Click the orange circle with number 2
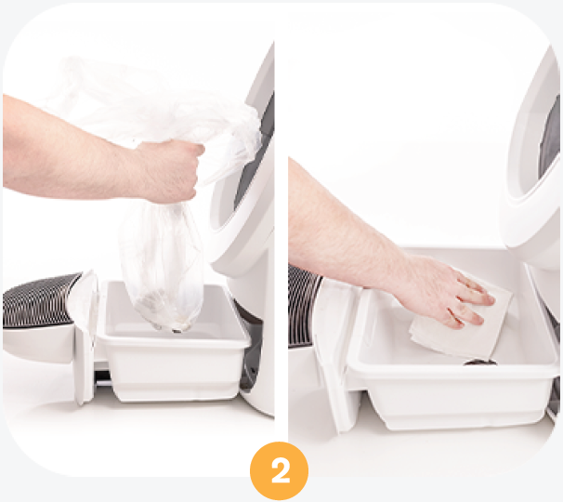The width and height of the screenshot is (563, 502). click(x=279, y=470)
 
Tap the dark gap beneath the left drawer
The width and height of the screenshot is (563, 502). click(x=104, y=379)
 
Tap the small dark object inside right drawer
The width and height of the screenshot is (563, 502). click(x=480, y=363)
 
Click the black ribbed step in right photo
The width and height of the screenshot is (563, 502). click(x=304, y=306)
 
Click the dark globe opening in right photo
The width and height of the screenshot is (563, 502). click(x=549, y=144)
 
